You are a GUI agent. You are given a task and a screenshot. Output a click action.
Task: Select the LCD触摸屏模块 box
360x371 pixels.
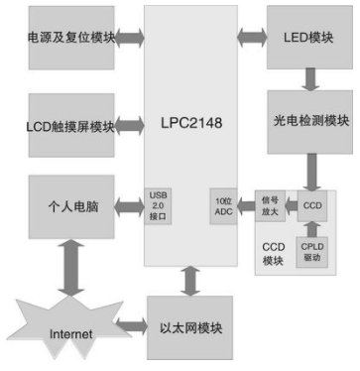[x=69, y=125]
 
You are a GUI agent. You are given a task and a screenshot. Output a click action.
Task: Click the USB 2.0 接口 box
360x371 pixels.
[x=159, y=204]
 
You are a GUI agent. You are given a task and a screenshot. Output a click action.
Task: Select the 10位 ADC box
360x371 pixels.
[x=223, y=204]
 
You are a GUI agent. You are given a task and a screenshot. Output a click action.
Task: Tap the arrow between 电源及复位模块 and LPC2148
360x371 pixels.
[x=131, y=41]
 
